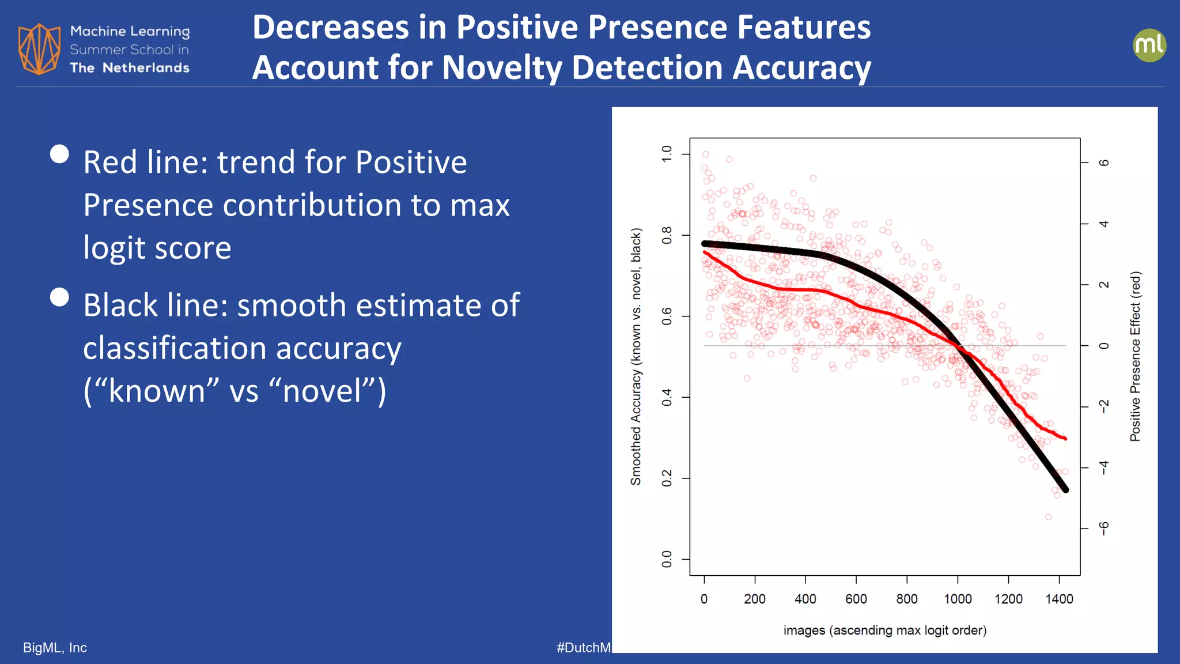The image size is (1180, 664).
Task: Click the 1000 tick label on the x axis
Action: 958,599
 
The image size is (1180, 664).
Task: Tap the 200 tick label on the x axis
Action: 754,599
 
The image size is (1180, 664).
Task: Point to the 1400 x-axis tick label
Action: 1059,599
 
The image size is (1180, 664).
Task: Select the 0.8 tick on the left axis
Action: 667,235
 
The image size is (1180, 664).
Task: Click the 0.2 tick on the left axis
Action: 667,478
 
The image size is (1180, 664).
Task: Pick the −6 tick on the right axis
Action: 1103,528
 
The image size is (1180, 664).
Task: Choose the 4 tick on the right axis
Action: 1103,224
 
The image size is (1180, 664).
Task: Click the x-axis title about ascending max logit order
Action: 884,630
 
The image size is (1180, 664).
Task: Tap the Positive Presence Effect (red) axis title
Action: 1135,356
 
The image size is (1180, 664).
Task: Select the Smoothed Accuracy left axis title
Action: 636,356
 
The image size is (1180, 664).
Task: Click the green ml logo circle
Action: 1149,46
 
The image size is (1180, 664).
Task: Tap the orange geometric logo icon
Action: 39,49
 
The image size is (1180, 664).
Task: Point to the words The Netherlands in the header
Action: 130,68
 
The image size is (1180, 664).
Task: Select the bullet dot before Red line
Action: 59,154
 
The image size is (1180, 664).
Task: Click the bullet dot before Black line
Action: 59,297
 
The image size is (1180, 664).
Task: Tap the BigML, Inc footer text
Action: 55,647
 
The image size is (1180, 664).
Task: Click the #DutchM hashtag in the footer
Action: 583,647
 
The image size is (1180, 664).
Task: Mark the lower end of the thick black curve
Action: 1065,489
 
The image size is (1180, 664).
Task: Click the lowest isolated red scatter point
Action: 1048,517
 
